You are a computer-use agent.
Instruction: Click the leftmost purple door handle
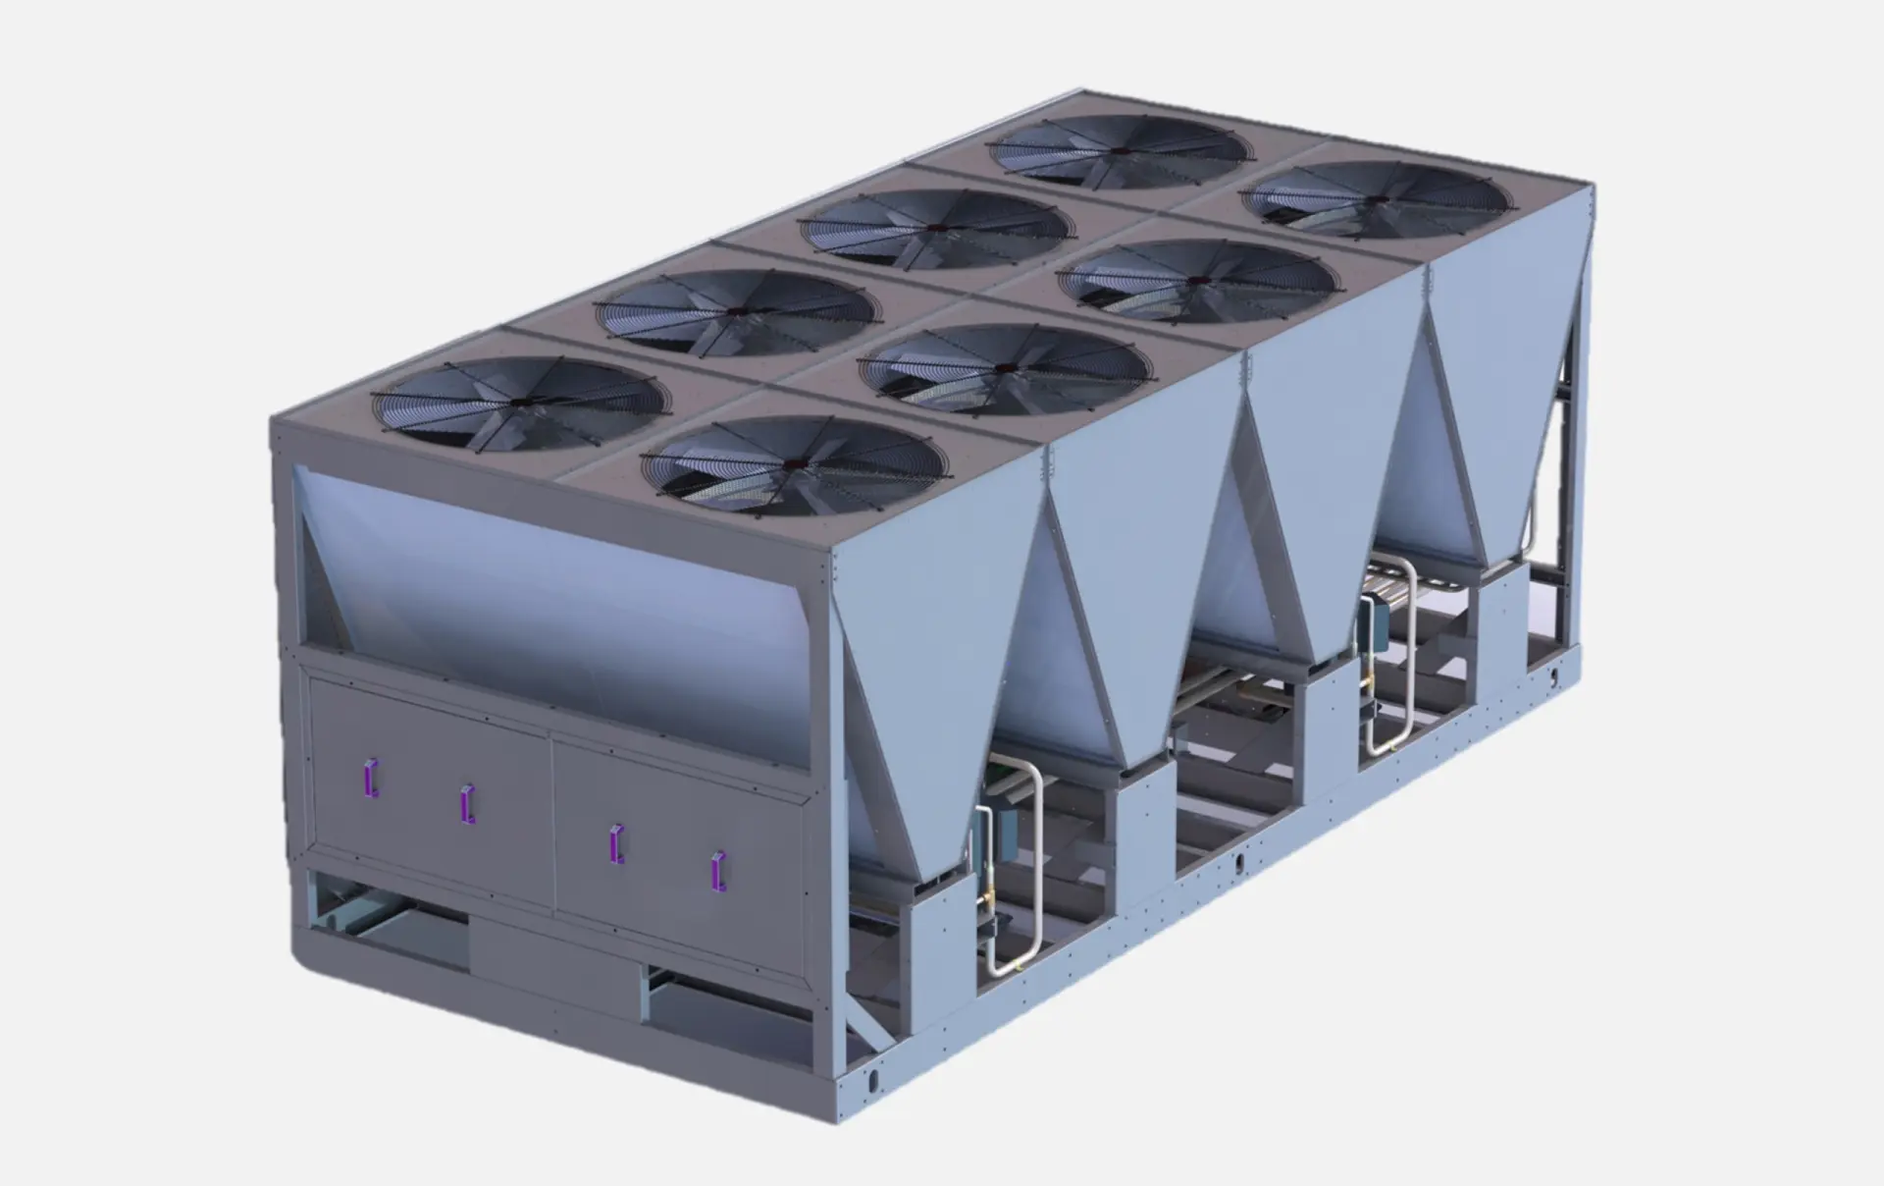click(371, 778)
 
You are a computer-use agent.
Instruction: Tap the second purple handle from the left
click(468, 804)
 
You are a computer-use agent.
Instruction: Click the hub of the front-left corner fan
click(518, 404)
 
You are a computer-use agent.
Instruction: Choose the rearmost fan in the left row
click(1120, 150)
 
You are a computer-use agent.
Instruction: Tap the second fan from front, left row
click(733, 310)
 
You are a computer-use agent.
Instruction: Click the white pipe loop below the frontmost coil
click(1020, 874)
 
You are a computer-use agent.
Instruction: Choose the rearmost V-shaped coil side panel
click(1491, 393)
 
